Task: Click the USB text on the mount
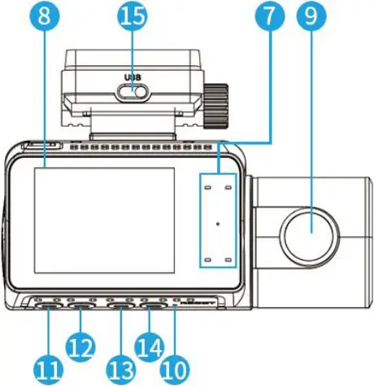[133, 78]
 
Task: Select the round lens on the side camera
[309, 230]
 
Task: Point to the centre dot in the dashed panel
[217, 221]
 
